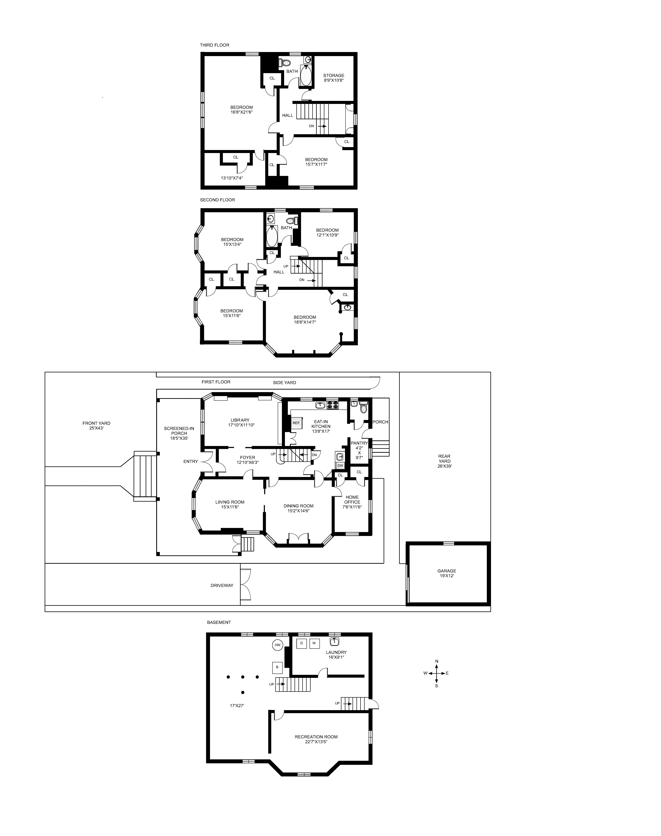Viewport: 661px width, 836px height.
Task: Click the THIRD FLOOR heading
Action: (214, 45)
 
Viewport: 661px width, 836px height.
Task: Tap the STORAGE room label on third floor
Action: (334, 76)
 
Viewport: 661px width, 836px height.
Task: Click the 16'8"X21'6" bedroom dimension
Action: (241, 112)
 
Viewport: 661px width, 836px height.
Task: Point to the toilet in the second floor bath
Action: (295, 221)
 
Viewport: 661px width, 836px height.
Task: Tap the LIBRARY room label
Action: (240, 420)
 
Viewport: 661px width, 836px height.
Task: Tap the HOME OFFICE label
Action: (352, 499)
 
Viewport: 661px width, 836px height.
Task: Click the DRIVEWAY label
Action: (222, 585)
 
